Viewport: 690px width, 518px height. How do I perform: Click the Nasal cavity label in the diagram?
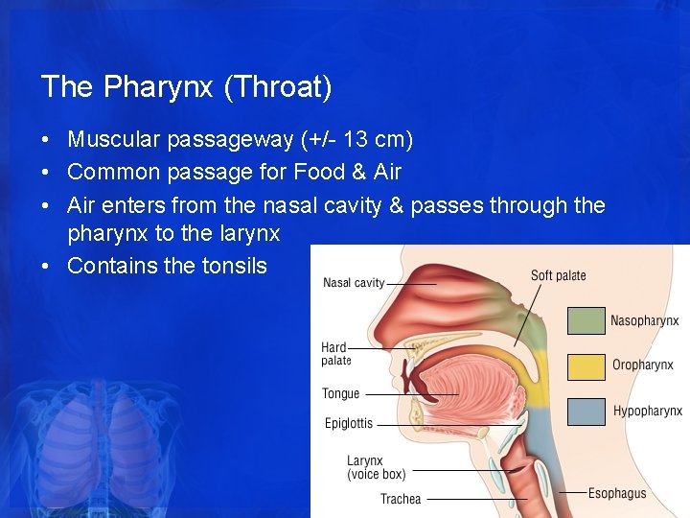coord(354,283)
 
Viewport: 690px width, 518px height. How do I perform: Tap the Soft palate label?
coord(558,276)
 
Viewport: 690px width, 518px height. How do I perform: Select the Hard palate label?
coord(335,354)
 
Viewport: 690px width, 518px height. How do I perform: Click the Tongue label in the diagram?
coord(340,393)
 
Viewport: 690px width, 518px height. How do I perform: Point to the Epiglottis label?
coord(348,423)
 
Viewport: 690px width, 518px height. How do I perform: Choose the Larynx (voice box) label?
coord(376,467)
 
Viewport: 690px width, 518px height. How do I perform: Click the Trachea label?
coord(400,499)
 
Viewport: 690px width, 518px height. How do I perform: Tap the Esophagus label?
coord(617,494)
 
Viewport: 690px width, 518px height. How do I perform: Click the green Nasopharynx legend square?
coord(586,320)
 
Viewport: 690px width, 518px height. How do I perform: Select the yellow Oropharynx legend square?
coord(586,366)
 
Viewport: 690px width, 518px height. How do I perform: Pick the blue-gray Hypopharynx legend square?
coord(586,412)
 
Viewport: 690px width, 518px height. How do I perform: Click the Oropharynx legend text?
coord(642,365)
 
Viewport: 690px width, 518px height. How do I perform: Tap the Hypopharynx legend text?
coord(647,412)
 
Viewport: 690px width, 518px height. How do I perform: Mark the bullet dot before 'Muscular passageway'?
coord(46,141)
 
